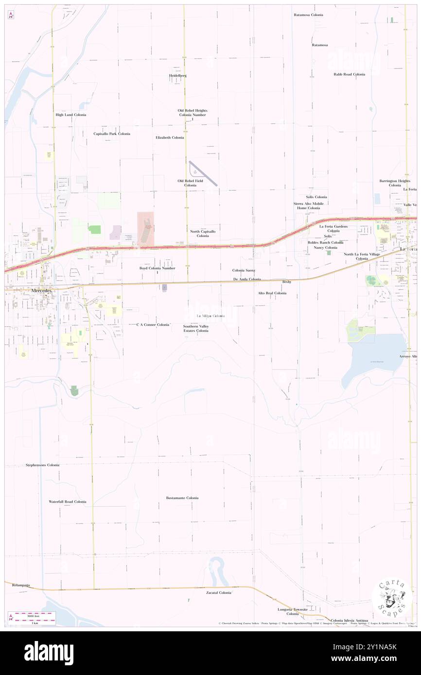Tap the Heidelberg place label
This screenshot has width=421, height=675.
tap(178, 76)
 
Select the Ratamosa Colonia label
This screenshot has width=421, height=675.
tap(308, 15)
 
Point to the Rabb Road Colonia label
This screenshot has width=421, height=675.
tap(349, 74)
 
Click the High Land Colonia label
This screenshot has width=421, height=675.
tap(71, 115)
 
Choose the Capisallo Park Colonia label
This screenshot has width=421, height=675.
tap(112, 134)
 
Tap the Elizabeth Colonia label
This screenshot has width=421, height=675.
tap(170, 137)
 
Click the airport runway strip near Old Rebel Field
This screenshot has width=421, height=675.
tap(203, 173)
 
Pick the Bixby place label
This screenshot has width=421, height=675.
tap(287, 282)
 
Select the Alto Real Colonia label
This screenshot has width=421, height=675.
tap(272, 293)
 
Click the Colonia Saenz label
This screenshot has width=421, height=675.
tap(244, 270)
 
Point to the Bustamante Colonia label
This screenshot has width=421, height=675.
tap(182, 498)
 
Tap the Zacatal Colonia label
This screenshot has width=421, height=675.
tap(219, 592)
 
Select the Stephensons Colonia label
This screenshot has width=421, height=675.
tap(42, 465)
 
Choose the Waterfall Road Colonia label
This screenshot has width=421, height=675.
tap(68, 502)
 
